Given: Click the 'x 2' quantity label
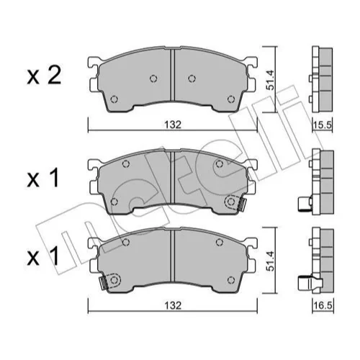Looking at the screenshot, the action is click(x=44, y=76).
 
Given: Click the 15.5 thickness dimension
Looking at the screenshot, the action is click(x=323, y=125).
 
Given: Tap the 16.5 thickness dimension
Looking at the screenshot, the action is click(x=323, y=306).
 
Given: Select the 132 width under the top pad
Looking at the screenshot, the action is click(x=173, y=125).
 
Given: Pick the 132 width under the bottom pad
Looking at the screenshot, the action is click(x=173, y=305).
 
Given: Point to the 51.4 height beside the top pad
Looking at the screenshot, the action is click(x=270, y=80).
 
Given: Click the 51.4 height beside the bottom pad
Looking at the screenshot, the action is click(x=270, y=261).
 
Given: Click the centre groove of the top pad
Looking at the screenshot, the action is click(x=172, y=75).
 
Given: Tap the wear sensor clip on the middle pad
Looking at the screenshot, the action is click(x=241, y=204).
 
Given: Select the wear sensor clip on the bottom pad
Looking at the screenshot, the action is click(x=104, y=283).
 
